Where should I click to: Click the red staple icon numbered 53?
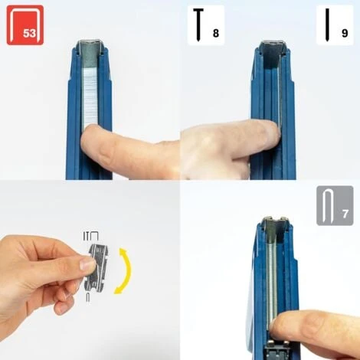point(25,25)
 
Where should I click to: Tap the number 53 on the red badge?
point(30,33)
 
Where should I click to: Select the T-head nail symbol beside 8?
point(198,25)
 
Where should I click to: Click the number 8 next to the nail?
point(216,33)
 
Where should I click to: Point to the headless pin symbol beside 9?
point(327,25)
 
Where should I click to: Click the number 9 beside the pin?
point(345,33)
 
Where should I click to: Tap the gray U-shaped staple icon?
point(326,206)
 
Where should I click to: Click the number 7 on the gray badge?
point(345,214)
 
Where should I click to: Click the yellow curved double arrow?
point(123,270)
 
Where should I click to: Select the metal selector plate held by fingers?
point(98,267)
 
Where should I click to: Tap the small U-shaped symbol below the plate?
point(88,297)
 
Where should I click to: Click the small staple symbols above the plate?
point(90,236)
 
